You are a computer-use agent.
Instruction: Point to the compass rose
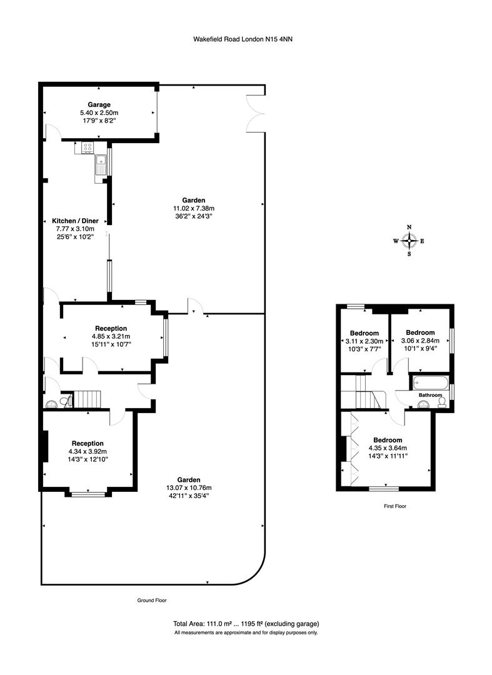pos(409,241)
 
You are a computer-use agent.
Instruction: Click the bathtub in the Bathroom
pos(428,382)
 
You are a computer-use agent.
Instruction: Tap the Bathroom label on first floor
pos(430,396)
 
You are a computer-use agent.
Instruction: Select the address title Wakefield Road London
pos(243,39)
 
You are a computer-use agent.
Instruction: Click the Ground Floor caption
pos(152,600)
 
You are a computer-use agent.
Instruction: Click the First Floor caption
pos(394,506)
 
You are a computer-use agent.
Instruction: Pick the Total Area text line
pos(246,624)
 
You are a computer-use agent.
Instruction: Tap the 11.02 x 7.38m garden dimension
pos(194,208)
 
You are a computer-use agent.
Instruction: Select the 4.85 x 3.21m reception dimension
pos(111,336)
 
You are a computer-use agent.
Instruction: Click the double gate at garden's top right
pos(257,112)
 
